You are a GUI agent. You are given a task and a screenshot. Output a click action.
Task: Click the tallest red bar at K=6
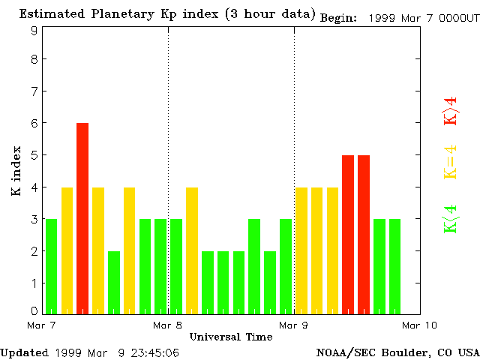[82, 217]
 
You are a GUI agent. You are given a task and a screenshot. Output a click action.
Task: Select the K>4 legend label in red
[451, 111]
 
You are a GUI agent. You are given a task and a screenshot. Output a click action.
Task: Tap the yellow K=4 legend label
[451, 162]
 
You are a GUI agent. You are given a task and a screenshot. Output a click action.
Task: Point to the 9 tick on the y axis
[34, 31]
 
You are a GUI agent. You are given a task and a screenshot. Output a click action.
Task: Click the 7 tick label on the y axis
[34, 91]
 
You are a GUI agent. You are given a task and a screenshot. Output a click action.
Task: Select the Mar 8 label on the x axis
[168, 325]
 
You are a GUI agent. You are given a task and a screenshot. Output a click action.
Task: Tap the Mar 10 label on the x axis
[420, 325]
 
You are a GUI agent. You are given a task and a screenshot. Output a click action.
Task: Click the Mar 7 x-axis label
[41, 325]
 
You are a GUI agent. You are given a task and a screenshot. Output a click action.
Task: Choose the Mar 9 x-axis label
[294, 325]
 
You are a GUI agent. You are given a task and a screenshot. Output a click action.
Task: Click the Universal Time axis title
[231, 337]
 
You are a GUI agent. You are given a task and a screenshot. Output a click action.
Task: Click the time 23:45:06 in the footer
[154, 352]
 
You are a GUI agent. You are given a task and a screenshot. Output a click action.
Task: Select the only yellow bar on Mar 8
[192, 250]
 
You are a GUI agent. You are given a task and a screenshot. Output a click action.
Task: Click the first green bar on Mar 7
[51, 266]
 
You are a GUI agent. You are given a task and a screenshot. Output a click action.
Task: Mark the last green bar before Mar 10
[394, 266]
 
